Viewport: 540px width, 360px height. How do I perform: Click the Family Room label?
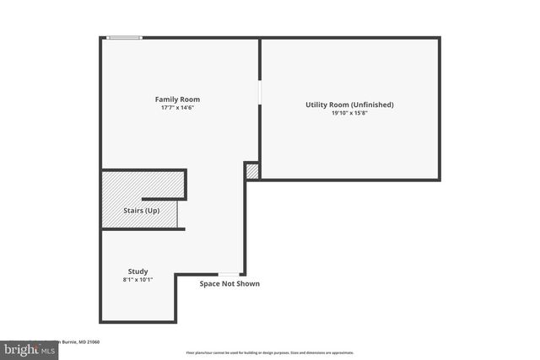(177, 99)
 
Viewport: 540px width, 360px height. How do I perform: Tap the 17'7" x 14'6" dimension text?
(177, 108)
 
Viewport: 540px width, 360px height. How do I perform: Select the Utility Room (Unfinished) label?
(349, 105)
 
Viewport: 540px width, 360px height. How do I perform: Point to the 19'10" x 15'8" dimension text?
(349, 113)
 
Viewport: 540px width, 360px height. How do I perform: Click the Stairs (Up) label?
(140, 210)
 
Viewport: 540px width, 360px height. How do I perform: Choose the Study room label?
(138, 271)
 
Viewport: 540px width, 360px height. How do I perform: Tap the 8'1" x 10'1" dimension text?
(138, 279)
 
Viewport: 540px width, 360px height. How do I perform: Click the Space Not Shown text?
(229, 284)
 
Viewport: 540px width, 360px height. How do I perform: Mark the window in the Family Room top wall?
(124, 37)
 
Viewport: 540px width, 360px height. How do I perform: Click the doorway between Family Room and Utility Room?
(260, 92)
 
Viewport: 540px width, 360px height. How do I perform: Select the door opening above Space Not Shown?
(229, 274)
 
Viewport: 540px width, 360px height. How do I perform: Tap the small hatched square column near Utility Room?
(251, 171)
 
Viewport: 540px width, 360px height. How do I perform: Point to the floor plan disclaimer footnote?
(270, 352)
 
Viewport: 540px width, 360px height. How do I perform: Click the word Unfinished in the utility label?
(370, 105)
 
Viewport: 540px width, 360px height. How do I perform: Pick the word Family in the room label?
(166, 99)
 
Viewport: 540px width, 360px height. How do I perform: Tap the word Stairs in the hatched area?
(132, 210)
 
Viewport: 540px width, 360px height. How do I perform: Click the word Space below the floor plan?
(210, 284)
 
